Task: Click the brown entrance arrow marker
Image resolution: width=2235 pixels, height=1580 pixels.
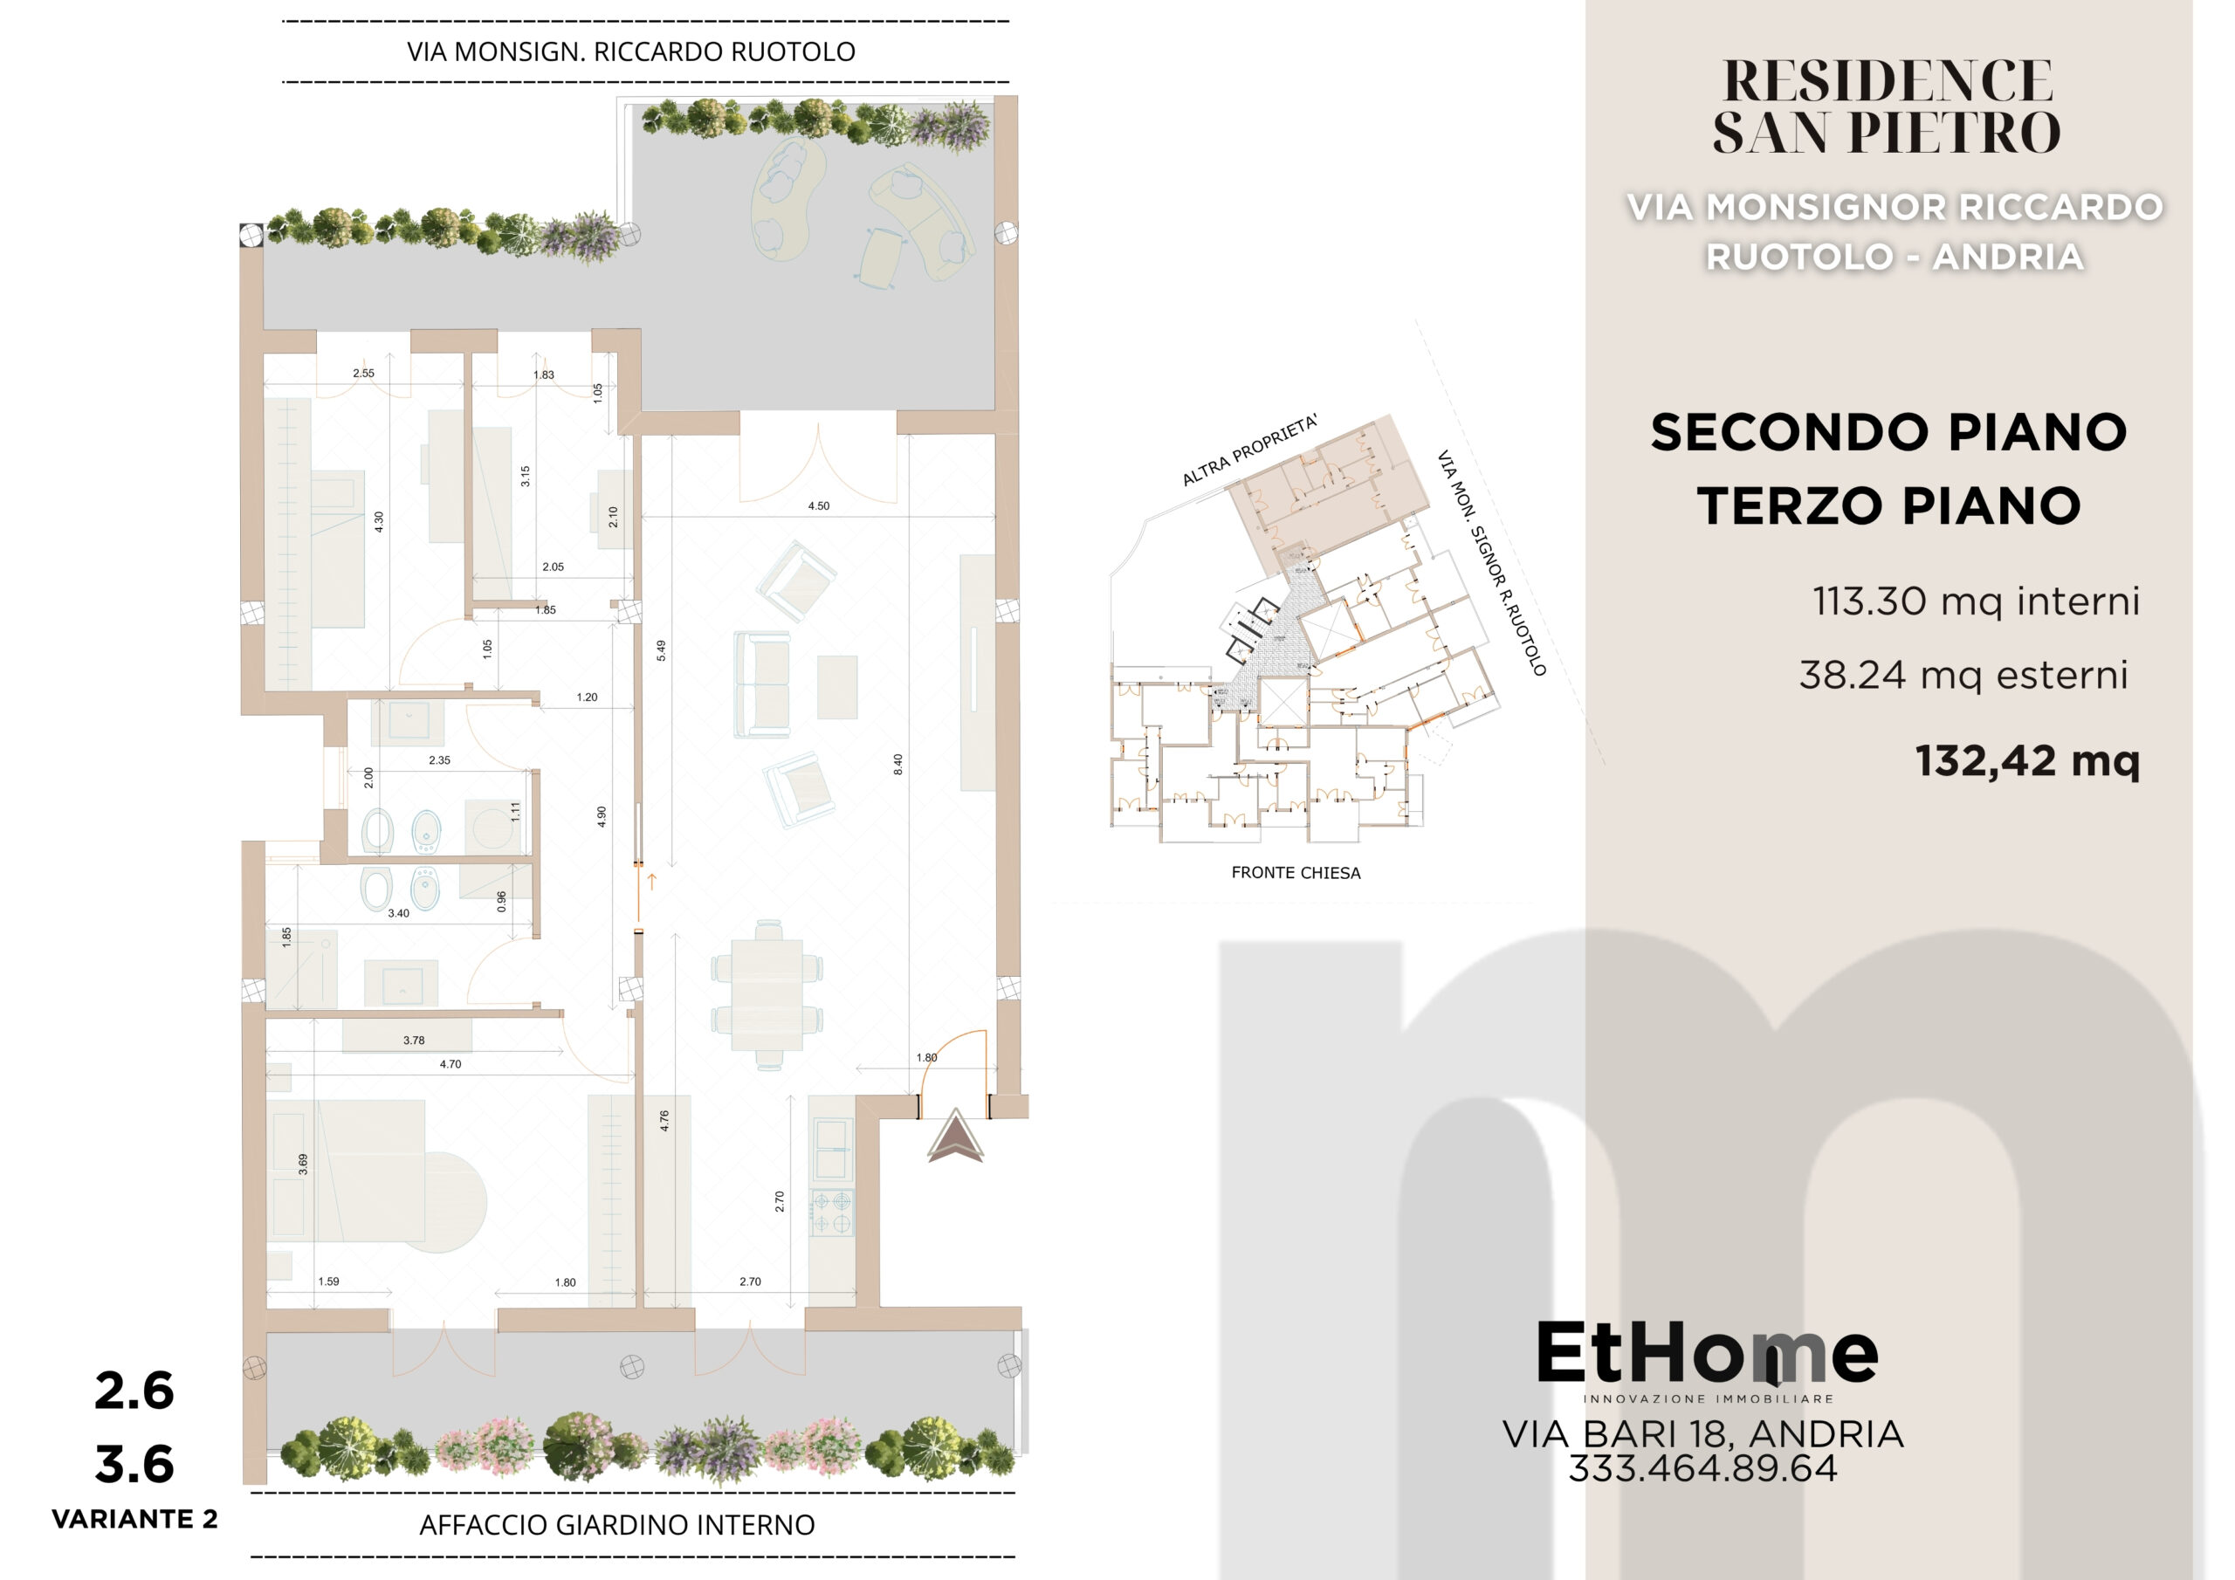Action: coord(955,1137)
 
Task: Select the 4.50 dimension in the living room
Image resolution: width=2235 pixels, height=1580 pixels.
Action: coord(819,506)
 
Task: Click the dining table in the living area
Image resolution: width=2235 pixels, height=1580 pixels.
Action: coord(767,994)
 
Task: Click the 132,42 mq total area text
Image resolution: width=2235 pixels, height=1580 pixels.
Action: coord(2028,760)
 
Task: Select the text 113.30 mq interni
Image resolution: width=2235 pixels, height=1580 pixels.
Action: coord(1976,601)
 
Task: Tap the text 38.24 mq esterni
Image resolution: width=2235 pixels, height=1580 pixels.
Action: coord(1963,675)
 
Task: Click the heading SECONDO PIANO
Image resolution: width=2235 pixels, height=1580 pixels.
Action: coord(1888,432)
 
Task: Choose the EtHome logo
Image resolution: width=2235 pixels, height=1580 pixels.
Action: coord(1708,1359)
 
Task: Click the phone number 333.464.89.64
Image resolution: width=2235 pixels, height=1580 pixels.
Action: coord(1702,1468)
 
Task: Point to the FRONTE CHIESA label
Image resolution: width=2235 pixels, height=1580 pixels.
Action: coord(1296,873)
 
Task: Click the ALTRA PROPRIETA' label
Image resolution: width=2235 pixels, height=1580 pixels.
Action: coord(1250,450)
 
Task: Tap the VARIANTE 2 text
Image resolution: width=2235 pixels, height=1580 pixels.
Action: coord(134,1519)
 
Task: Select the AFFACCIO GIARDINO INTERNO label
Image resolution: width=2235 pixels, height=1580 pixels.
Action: coord(617,1524)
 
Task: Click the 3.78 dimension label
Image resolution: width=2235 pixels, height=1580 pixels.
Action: coord(414,1041)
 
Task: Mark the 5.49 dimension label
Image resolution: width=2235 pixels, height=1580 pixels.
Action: coord(661,650)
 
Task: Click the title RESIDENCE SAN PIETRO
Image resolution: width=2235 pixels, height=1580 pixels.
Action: coord(1887,106)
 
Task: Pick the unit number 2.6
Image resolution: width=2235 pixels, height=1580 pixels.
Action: coord(134,1391)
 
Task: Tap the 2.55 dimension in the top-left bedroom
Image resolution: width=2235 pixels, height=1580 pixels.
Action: coord(363,373)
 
